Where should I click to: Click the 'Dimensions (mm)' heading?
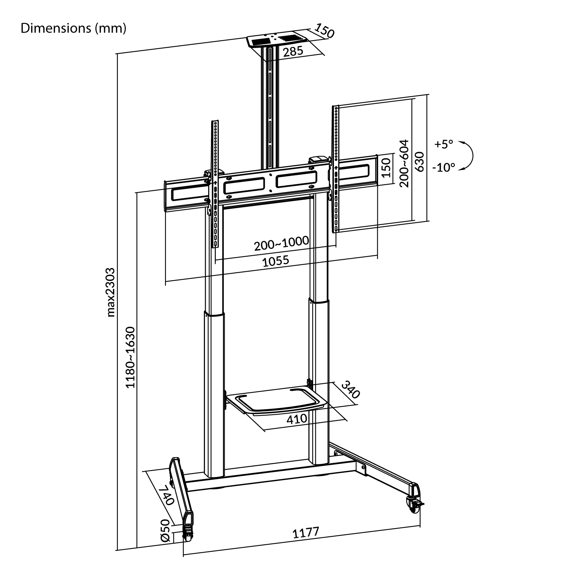tap(73, 28)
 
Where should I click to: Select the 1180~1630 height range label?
tap(131, 357)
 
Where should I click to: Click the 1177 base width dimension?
tap(306, 533)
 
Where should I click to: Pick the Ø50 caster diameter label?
tap(166, 530)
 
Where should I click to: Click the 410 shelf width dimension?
tap(297, 419)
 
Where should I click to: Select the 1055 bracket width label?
tap(275, 261)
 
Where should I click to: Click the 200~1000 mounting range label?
tap(282, 243)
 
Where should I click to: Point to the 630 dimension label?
tap(420, 162)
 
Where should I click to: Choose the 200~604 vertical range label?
tap(404, 163)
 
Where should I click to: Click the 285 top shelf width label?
tap(293, 51)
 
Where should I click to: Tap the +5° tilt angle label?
tap(444, 144)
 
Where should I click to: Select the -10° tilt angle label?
tap(443, 168)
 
